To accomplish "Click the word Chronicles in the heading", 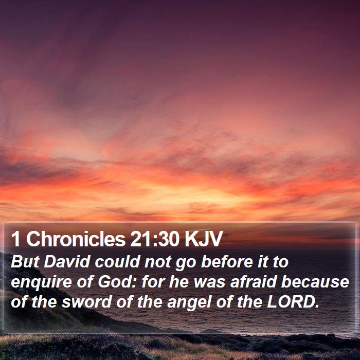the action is click(x=76, y=239).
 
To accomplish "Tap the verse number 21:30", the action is click(x=154, y=239).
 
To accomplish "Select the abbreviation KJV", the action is click(x=203, y=239).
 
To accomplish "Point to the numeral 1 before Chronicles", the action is click(x=15, y=239).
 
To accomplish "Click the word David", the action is click(x=66, y=262).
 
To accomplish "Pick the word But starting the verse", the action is click(x=25, y=262).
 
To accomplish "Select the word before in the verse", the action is click(x=227, y=262).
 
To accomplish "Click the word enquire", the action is click(x=41, y=282).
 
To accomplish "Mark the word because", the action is click(x=315, y=282).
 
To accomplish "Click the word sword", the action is click(x=86, y=302).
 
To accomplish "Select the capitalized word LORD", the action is click(x=293, y=302).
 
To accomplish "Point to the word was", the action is click(x=209, y=283).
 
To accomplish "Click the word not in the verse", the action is click(x=158, y=262).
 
